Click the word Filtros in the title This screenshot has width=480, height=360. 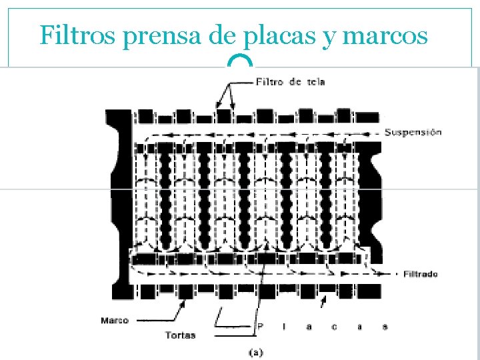coord(77,35)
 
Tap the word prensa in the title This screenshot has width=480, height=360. coord(161,37)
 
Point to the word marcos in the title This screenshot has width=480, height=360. coord(385,36)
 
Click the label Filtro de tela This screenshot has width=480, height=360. coord(290,82)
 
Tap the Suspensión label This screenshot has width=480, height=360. coord(413,132)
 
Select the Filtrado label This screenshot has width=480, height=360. coord(420,274)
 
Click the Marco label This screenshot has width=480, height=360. coord(115,321)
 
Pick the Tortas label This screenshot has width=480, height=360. coord(180,335)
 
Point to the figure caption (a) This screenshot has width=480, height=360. coord(256,353)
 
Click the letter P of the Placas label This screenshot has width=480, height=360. coord(260,326)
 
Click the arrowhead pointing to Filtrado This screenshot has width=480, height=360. coord(383,274)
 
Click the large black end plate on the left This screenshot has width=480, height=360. coord(121,204)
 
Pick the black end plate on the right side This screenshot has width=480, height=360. coord(371,202)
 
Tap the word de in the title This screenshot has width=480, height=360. coord(222,35)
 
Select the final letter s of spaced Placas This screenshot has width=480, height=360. coord(385,327)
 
